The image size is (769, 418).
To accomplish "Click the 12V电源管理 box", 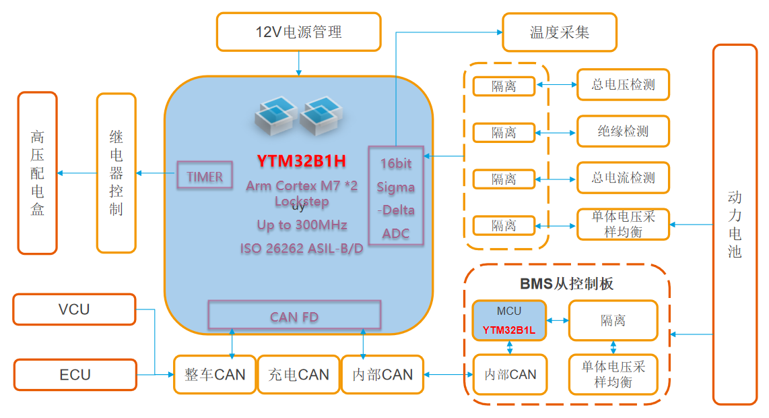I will coord(298,32).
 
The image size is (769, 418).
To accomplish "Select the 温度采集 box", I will coord(559,32).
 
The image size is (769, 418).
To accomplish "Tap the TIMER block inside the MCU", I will coord(205,177).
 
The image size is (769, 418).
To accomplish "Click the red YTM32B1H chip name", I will coord(301,161).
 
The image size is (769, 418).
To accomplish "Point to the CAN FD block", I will coord(294,316).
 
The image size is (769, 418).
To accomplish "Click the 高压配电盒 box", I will coord(37,173).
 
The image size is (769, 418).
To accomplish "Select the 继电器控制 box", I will coord(116,173).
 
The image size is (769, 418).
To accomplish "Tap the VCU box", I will coord(74,309).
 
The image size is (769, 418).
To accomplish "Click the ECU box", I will coord(74,375).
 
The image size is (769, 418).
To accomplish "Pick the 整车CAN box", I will coord(214,375).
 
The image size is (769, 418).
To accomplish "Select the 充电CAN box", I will coord(298,375).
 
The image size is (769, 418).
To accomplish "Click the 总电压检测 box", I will coord(623,85).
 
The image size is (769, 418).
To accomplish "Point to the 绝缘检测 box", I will coord(623,131).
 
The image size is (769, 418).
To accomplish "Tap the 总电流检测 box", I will coord(623,178).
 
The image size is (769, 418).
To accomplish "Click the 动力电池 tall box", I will coord(735,225).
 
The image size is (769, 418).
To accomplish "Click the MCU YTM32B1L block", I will coord(508,320).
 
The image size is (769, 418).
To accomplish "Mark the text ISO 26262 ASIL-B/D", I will coord(301,249).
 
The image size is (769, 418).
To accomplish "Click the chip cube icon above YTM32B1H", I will coord(298,117).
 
